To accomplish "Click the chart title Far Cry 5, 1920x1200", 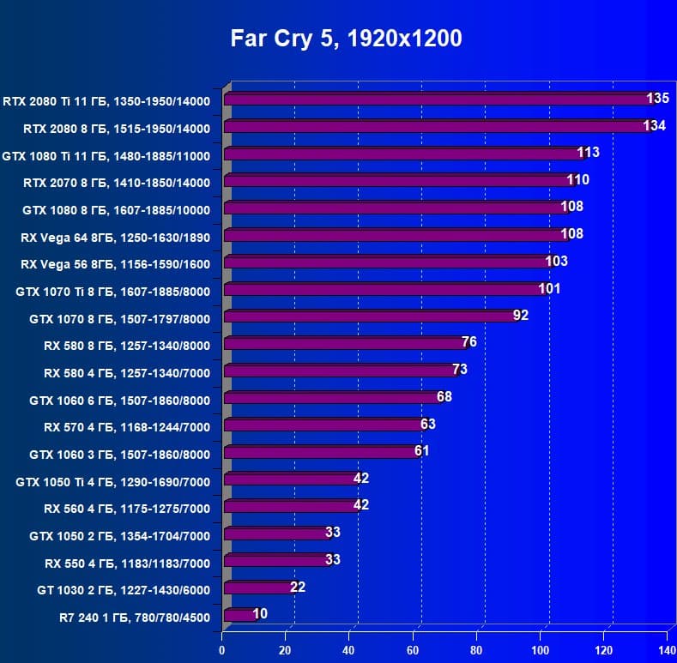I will point(346,39).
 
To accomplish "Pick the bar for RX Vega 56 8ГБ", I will point(386,262).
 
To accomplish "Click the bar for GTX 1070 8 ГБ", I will point(369,316).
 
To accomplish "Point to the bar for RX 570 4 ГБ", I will point(323,425).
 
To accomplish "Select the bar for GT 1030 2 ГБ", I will point(257,588).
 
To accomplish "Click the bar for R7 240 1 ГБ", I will point(239,615).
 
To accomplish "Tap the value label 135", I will point(657,99).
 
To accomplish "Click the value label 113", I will point(588,153).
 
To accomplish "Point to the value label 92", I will point(520,316).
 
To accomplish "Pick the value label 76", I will point(468,342).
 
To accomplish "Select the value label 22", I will point(297,588).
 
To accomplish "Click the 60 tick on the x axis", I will point(414,649).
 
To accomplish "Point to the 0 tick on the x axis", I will point(222,649).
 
